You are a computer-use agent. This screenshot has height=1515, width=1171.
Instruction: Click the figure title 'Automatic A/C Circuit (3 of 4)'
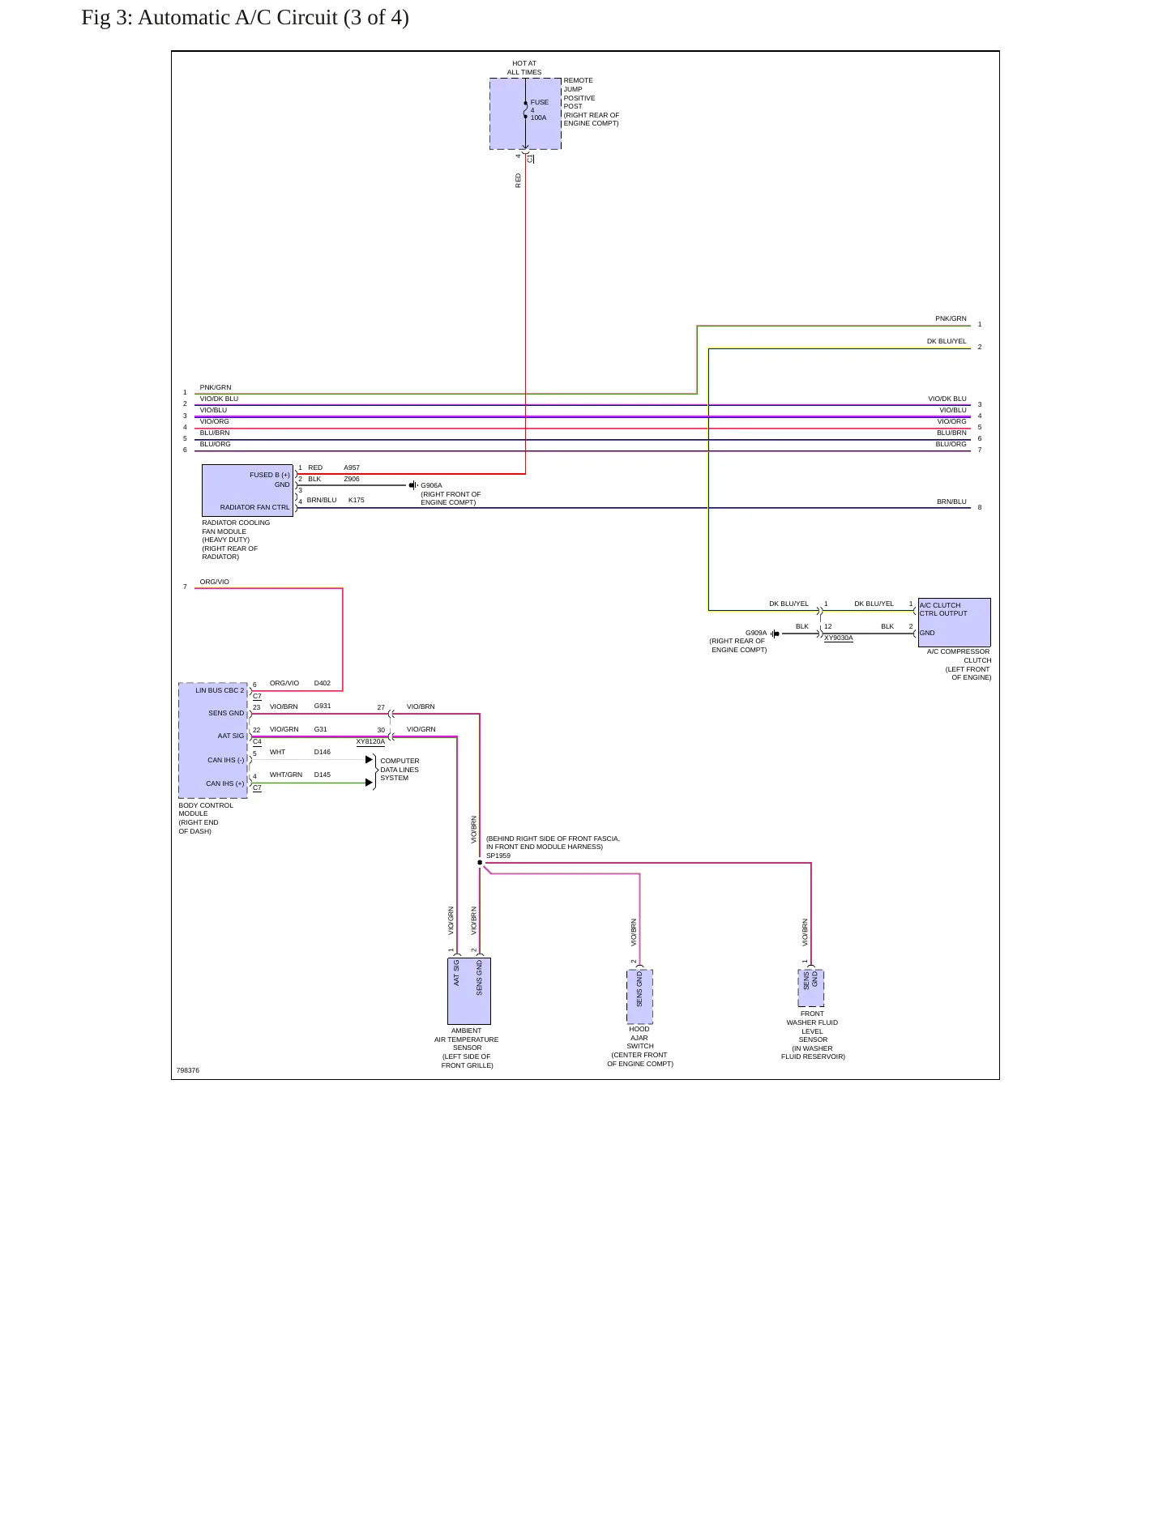(273, 18)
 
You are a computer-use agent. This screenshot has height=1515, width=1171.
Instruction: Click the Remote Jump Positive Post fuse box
(525, 113)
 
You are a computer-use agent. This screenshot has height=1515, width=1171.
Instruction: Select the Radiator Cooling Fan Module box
(247, 490)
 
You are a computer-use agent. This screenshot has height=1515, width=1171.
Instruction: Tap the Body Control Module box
(213, 740)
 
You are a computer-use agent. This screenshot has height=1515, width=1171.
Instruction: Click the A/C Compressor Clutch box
(954, 622)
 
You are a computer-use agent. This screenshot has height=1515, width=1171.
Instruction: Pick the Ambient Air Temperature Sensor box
(468, 991)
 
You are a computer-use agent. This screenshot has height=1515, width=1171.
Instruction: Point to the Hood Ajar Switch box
(639, 996)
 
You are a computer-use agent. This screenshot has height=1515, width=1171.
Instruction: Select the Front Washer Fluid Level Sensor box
(810, 988)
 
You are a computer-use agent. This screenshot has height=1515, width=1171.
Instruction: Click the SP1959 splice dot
(480, 863)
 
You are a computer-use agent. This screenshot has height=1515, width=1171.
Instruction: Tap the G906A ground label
(431, 486)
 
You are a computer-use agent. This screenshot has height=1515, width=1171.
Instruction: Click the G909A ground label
(756, 633)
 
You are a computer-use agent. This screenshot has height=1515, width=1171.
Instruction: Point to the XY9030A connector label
(839, 638)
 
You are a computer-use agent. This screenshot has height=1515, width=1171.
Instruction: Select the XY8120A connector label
(370, 742)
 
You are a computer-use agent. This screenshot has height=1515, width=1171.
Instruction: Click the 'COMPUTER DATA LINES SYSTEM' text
(400, 770)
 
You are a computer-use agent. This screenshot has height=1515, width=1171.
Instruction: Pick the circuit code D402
(323, 684)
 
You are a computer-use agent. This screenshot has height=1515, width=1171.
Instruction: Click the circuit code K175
(357, 501)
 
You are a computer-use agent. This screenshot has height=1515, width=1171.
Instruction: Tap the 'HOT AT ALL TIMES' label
(524, 68)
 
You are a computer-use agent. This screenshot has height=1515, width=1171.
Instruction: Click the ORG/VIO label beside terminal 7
(215, 583)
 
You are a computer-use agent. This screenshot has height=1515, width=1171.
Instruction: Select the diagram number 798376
(188, 1071)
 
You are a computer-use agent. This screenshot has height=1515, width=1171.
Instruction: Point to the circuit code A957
(352, 468)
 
